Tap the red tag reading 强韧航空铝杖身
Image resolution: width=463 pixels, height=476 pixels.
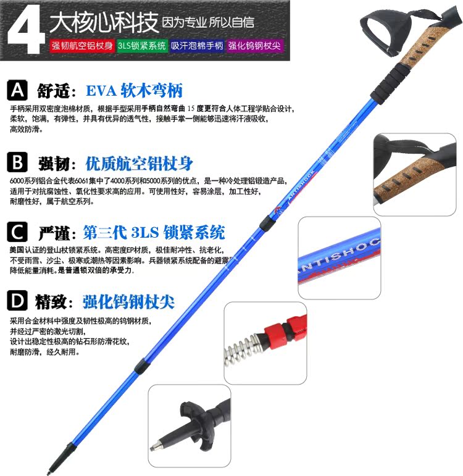click(x=82, y=46)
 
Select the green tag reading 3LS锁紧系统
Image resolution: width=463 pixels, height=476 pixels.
click(x=142, y=46)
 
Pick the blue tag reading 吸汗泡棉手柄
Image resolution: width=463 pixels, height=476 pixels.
click(x=197, y=46)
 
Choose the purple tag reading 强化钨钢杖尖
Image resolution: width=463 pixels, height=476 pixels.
click(x=254, y=46)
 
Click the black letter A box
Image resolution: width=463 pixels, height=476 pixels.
click(x=17, y=90)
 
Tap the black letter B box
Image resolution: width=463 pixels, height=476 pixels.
click(x=17, y=162)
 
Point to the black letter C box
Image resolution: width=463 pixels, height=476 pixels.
click(x=17, y=232)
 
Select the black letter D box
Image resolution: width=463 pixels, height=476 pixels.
click(x=17, y=301)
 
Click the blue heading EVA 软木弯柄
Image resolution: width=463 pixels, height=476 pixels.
click(x=134, y=91)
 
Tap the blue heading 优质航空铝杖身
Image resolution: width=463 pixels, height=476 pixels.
click(x=139, y=164)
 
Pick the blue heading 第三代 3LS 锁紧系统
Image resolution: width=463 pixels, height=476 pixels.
click(x=154, y=233)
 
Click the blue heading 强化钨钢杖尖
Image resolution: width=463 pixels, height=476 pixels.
click(x=128, y=302)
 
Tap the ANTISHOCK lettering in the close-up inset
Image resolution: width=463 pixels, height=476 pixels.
click(x=338, y=257)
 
